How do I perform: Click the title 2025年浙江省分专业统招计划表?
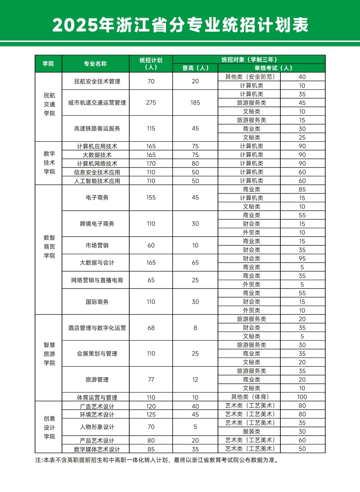point(180,25)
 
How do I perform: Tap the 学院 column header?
point(48,64)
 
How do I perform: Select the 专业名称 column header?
point(95,64)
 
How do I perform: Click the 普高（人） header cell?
point(195,68)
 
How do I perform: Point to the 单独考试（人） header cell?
point(272,68)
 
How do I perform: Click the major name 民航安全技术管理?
point(97,81)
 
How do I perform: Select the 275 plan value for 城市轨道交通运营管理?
point(151,102)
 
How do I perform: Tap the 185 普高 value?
point(195,102)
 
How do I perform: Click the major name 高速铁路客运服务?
point(97,128)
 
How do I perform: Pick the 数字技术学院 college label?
point(49,163)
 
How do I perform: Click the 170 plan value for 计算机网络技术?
point(151,163)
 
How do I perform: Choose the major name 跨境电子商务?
point(97,224)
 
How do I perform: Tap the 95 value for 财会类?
point(302,258)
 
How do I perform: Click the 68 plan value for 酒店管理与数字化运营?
point(151,328)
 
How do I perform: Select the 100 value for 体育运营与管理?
point(302,397)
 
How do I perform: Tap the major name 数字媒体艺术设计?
point(97,449)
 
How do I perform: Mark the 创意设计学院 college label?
point(49,427)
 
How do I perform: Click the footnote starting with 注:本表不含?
point(156,460)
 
